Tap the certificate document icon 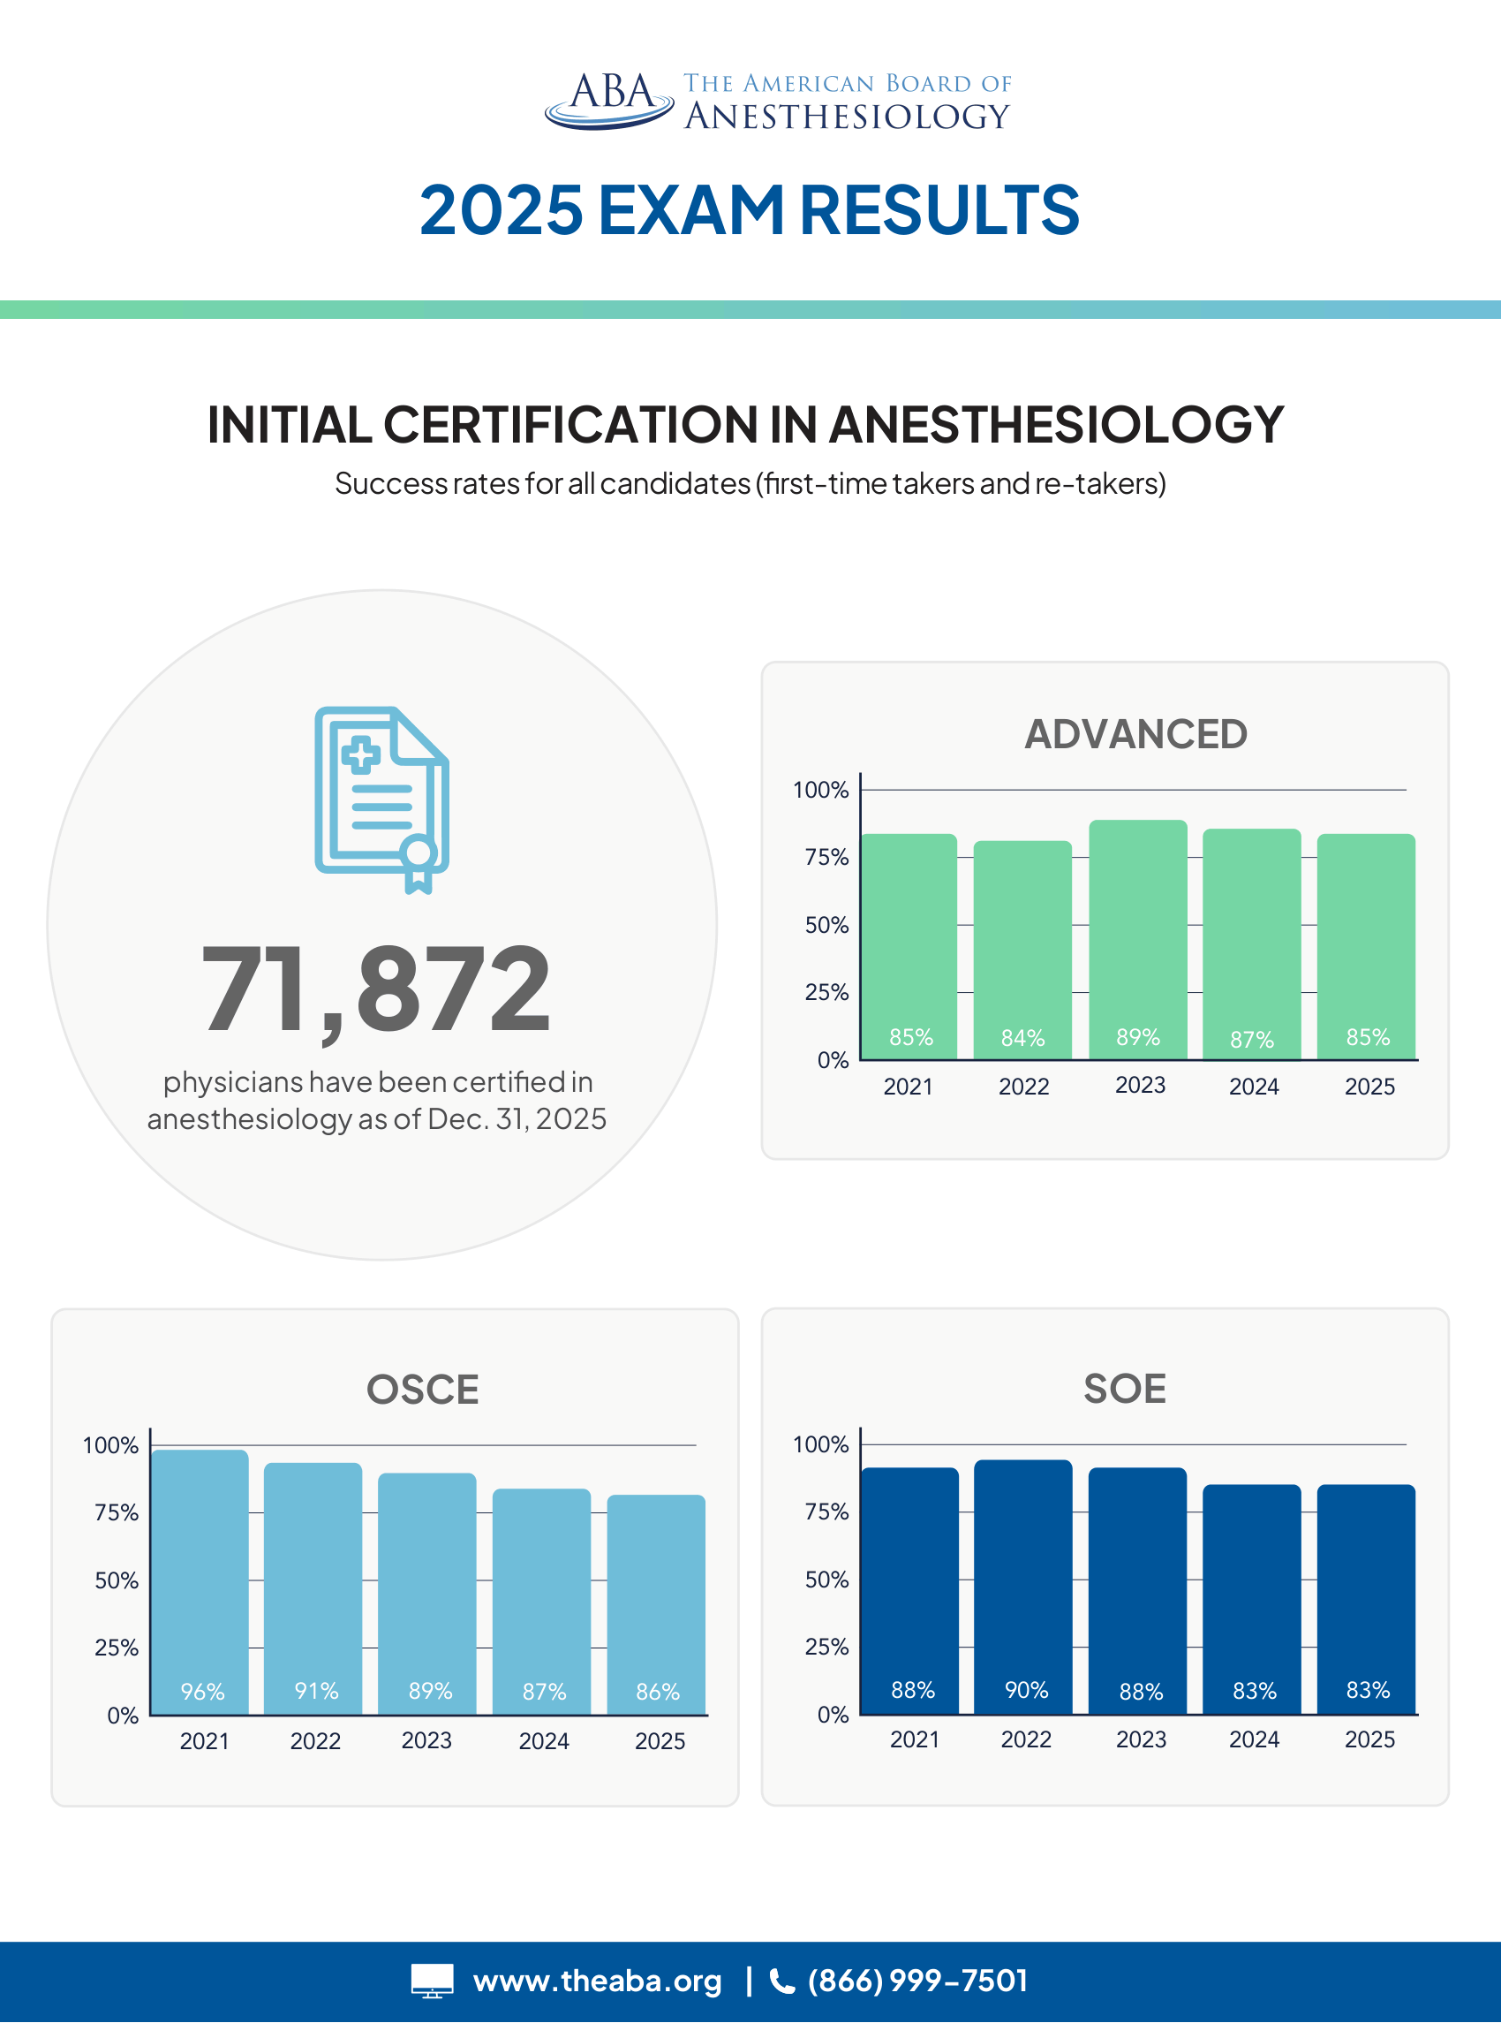click(381, 799)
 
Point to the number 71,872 click(376, 989)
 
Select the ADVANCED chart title click(1135, 734)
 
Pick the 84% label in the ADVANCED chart click(1023, 1038)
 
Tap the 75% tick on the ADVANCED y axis click(826, 857)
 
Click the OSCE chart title click(423, 1390)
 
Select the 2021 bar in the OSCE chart click(200, 1581)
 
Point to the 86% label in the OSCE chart click(658, 1692)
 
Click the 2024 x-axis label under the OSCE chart click(543, 1740)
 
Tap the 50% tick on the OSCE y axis click(117, 1580)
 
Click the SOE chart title click(1124, 1389)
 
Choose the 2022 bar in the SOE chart click(1023, 1586)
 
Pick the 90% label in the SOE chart click(1027, 1689)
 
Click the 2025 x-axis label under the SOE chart click(1369, 1739)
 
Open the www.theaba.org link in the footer click(597, 1981)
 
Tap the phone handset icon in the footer click(781, 1981)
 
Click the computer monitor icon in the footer click(432, 1981)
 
